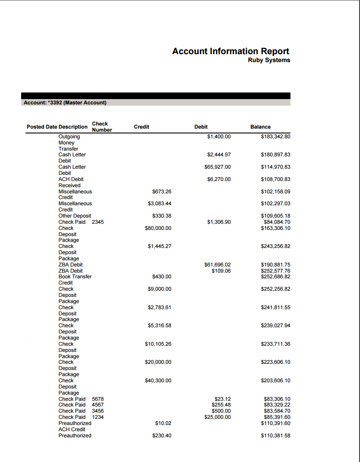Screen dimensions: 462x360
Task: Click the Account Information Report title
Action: [x=231, y=52]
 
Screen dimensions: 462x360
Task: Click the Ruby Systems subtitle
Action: [x=269, y=60]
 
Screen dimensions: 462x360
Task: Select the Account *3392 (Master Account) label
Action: [x=65, y=103]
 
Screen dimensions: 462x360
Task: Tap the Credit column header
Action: [x=141, y=127]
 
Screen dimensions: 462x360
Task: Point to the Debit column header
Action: [x=201, y=127]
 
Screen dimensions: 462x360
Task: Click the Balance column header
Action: [x=261, y=127]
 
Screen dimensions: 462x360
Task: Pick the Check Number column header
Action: [x=102, y=127]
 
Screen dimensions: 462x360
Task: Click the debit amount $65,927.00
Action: [x=217, y=167]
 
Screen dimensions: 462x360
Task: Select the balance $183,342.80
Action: [x=276, y=137]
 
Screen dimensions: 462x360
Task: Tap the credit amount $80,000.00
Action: [x=158, y=228]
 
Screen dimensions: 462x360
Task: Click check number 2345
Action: [x=98, y=222]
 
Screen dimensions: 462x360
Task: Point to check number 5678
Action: [x=98, y=399]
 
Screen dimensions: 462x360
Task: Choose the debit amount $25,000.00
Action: [x=217, y=417]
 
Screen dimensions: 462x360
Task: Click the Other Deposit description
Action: [x=75, y=216]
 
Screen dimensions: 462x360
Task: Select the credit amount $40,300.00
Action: [x=158, y=381]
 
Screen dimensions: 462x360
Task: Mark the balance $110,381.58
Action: [x=276, y=436]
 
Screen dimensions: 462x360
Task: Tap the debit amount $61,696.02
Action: [x=217, y=265]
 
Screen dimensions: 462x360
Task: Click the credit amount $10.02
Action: [x=163, y=423]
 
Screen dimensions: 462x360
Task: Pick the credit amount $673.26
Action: [x=162, y=192]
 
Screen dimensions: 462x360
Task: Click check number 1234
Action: [x=98, y=417]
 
